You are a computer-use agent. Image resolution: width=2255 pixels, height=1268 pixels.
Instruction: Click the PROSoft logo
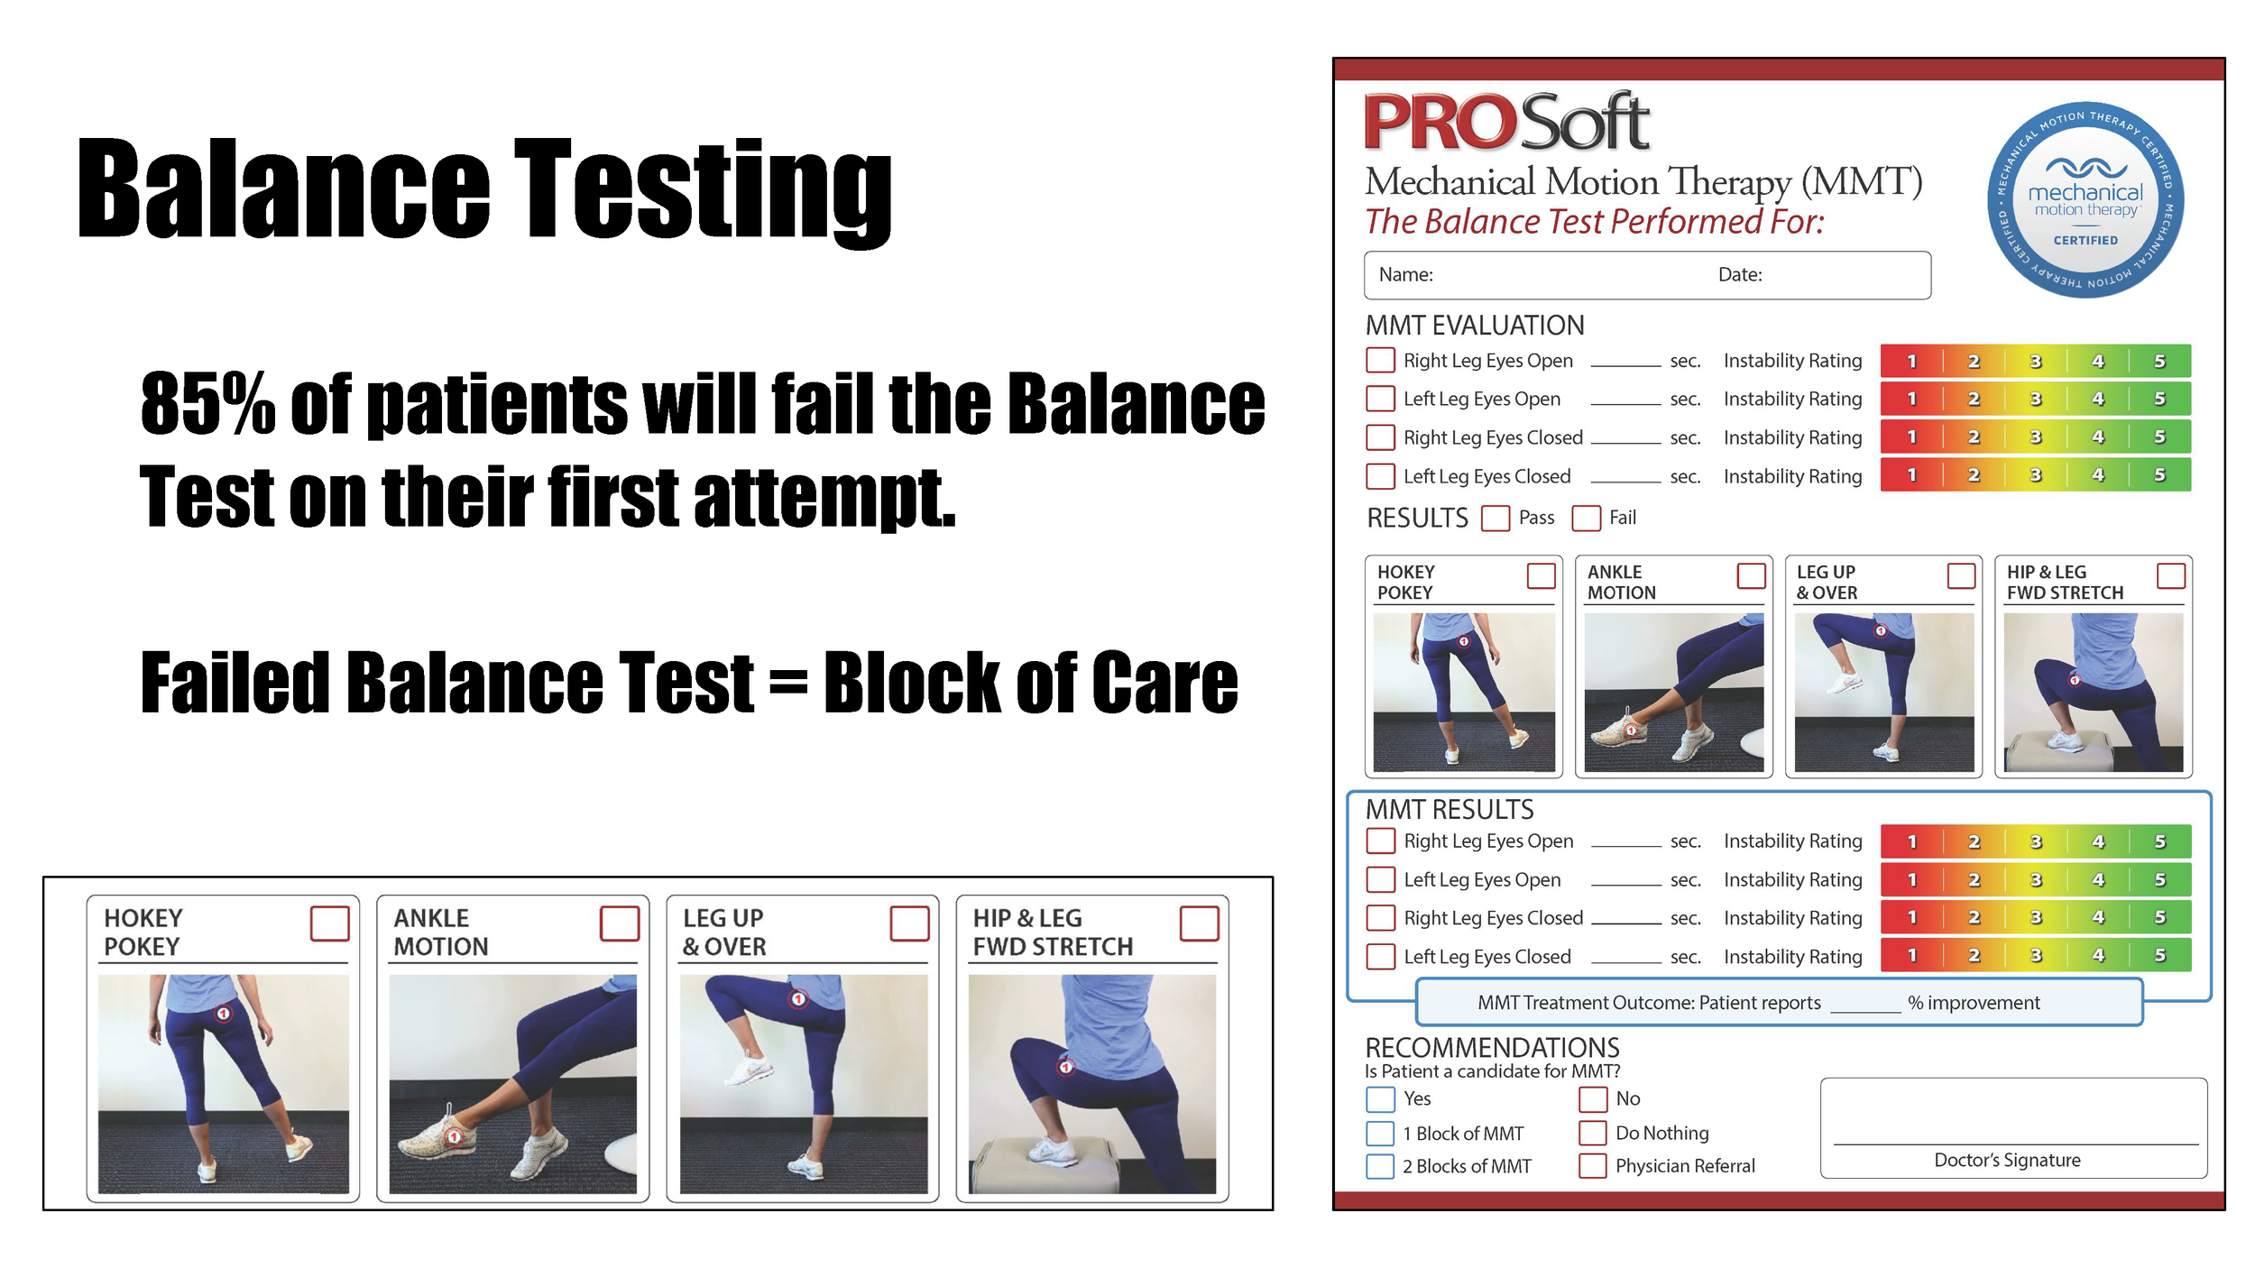tap(1506, 123)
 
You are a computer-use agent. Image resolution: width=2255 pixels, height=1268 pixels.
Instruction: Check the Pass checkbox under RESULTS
tap(1496, 519)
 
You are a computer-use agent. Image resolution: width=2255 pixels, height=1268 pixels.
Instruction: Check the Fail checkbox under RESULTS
tap(1586, 519)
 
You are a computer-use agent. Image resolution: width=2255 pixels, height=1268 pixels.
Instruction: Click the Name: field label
tap(1405, 275)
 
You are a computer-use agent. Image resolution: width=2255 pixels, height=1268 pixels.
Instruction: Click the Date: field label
tap(1740, 275)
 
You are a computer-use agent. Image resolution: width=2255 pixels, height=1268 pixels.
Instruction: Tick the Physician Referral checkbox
tap(1592, 1166)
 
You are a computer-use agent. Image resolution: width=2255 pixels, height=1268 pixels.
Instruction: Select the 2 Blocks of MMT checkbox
tap(1380, 1166)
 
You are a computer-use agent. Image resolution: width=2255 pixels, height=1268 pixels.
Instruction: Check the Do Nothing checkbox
tap(1592, 1133)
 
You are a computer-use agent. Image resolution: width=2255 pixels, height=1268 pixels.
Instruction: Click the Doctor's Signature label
tap(2007, 1161)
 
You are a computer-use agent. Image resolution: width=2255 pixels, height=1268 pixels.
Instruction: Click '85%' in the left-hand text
tap(207, 403)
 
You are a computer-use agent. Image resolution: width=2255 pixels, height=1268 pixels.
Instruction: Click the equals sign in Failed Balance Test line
tap(788, 683)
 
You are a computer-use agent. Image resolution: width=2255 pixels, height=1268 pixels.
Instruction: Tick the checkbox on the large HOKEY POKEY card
tap(330, 923)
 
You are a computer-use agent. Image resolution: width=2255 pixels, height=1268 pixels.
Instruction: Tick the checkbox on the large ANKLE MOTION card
tap(620, 923)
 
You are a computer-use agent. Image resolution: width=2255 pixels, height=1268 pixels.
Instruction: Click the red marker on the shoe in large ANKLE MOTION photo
tap(455, 1136)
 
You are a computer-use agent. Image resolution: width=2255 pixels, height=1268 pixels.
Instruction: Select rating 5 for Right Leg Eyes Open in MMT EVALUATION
tap(2159, 361)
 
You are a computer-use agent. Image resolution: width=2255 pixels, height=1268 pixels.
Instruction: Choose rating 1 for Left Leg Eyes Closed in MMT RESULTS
tap(1911, 955)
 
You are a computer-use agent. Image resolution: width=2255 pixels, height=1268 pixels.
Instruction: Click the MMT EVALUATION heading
tap(1475, 326)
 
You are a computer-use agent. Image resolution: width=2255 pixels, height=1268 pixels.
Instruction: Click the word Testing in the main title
tap(704, 189)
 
